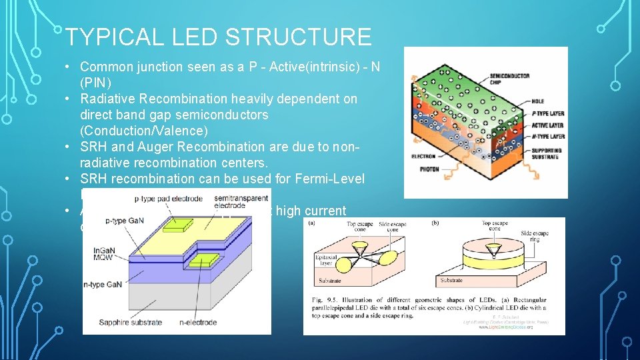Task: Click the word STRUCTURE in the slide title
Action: [298, 37]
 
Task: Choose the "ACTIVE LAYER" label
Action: [547, 125]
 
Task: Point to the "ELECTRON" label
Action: [424, 157]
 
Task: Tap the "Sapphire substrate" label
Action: [130, 323]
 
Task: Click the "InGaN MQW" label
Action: [105, 255]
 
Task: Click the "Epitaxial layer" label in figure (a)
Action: [327, 259]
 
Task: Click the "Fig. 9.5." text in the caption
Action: [323, 300]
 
